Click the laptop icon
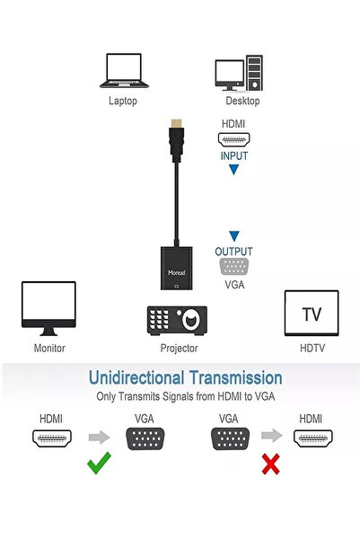click(124, 71)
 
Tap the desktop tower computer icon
click(239, 73)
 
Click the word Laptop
click(123, 101)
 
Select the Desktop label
click(242, 101)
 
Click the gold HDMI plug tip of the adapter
click(177, 123)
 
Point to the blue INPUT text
click(234, 156)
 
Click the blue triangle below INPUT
click(234, 170)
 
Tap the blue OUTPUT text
click(233, 252)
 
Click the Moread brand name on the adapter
click(177, 273)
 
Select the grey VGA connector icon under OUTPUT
click(234, 267)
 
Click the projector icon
click(177, 321)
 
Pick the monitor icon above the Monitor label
click(48, 308)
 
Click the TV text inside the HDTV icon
click(312, 314)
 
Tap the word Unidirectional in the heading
click(136, 377)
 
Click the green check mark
click(99, 463)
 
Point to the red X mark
click(271, 464)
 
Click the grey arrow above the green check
click(99, 438)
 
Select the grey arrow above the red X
click(271, 435)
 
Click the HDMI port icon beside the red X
click(312, 438)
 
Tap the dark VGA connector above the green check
click(145, 438)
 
